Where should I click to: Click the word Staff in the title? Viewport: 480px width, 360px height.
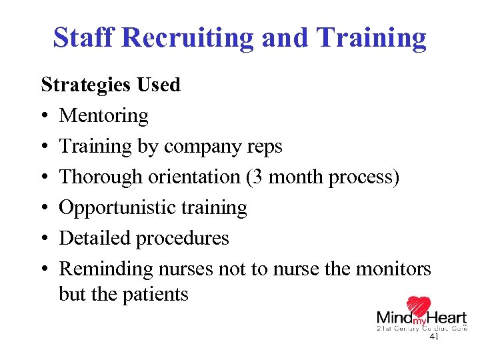[x=85, y=39]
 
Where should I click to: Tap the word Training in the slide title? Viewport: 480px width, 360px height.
[x=372, y=39]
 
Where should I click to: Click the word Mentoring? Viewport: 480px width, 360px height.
[x=103, y=116]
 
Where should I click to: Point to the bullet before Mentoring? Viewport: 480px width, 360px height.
[x=45, y=116]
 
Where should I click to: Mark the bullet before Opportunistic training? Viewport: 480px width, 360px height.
[x=45, y=208]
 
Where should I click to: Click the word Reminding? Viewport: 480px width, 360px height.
[x=106, y=269]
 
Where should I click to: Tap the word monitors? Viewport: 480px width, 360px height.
[x=395, y=269]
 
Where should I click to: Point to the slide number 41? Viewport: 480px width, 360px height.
[x=434, y=338]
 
